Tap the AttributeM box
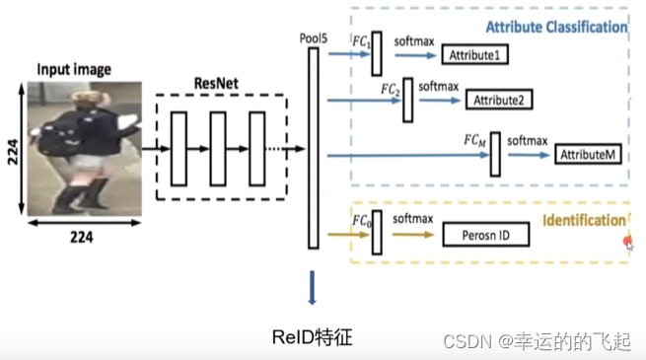pos(588,155)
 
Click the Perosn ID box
pos(484,235)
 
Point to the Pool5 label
pos(313,37)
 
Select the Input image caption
pos(74,69)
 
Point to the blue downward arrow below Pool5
pos(313,291)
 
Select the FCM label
pos(476,141)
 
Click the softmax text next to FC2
pos(439,87)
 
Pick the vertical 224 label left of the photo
pos(13,148)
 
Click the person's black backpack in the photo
pos(68,132)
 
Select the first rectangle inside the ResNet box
pos(179,148)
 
